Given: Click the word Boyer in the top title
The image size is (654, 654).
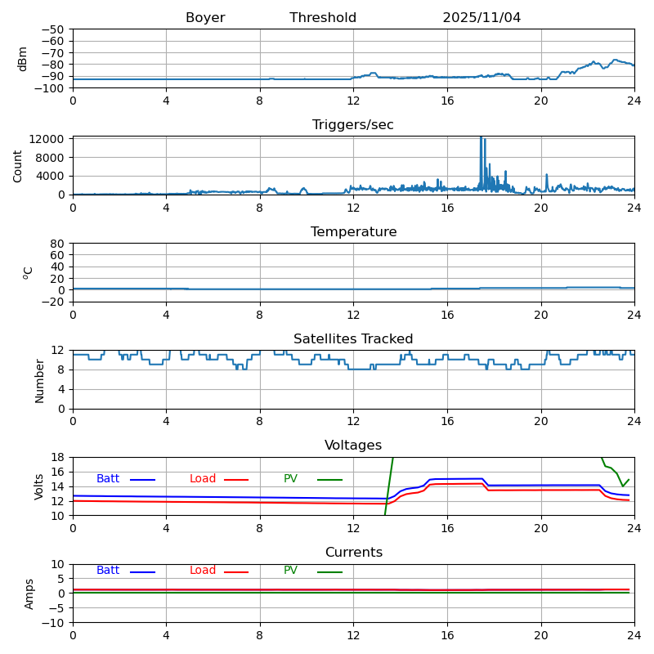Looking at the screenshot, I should click(205, 18).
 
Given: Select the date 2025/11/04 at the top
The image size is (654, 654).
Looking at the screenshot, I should click(482, 18).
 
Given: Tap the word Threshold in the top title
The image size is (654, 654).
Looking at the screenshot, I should click(323, 18).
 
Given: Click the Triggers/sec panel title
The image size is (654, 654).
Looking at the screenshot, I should click(353, 125).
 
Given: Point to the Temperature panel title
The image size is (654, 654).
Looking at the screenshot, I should click(353, 232).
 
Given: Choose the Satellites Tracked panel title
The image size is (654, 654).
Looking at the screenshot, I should click(353, 339).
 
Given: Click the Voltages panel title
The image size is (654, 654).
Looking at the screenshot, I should click(353, 446).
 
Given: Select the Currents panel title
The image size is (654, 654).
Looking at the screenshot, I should click(353, 553).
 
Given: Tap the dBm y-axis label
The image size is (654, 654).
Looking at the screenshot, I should click(23, 59).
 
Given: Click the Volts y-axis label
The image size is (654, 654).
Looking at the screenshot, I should click(39, 486).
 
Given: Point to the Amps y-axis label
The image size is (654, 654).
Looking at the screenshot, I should click(29, 594).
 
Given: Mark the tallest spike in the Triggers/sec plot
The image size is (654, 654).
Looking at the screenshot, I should click(481, 138).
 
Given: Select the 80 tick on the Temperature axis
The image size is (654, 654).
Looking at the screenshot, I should click(58, 244).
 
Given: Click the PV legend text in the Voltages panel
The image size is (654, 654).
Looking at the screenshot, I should click(290, 479).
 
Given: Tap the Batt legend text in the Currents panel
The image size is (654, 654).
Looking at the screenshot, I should click(108, 571).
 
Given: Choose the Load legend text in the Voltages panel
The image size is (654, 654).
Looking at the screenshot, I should click(203, 479).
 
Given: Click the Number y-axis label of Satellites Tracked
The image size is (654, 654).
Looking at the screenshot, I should click(39, 380).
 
